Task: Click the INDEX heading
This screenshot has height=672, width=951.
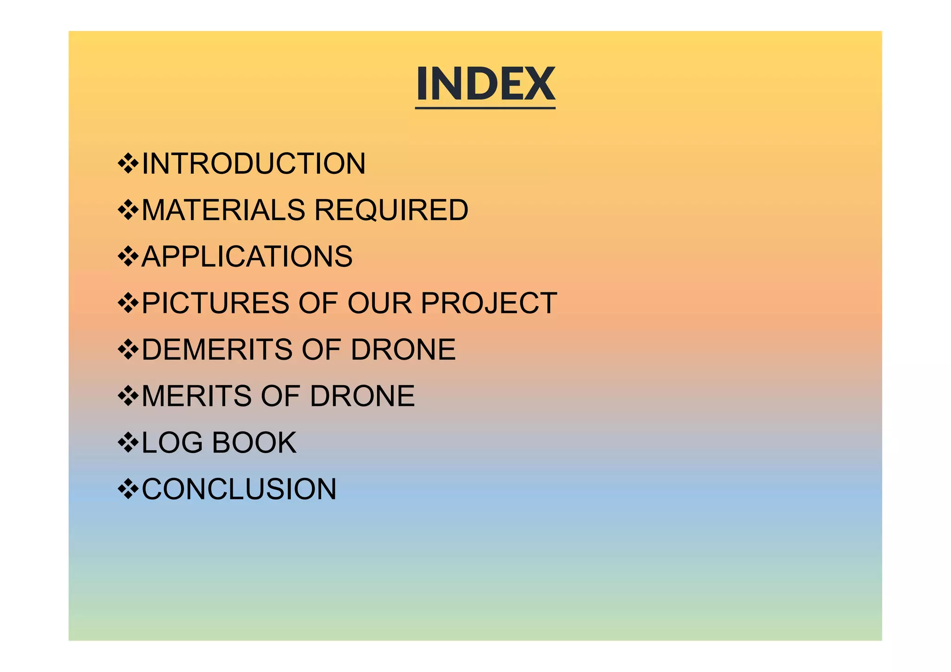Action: click(485, 84)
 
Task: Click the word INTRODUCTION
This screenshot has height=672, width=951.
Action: click(254, 164)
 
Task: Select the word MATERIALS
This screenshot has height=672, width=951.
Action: click(223, 210)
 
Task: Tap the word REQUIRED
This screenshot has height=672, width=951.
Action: click(391, 210)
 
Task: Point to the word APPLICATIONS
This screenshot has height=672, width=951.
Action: click(247, 257)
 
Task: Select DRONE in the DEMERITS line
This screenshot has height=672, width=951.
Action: click(403, 349)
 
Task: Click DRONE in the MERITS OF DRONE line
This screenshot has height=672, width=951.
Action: click(362, 396)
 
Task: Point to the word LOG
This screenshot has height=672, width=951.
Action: click(172, 443)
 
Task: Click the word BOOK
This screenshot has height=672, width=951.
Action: click(254, 443)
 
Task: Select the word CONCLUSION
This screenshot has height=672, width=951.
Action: click(239, 489)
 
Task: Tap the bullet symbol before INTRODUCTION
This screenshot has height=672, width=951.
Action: click(128, 164)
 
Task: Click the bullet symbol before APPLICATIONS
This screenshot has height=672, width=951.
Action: click(128, 257)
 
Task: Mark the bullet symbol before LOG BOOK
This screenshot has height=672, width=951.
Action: click(128, 443)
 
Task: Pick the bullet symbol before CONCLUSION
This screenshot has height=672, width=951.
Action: click(128, 489)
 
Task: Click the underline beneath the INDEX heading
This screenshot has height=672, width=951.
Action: click(485, 108)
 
